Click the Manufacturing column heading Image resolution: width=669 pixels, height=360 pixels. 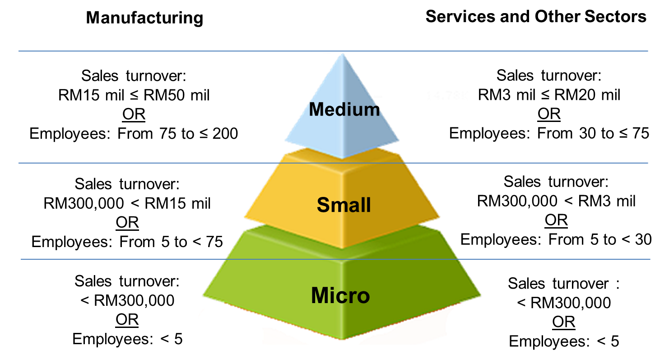(144, 18)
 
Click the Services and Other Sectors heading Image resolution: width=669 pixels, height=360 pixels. (536, 16)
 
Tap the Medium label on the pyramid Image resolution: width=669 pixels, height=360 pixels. (344, 109)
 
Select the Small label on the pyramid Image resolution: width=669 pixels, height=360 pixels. (344, 205)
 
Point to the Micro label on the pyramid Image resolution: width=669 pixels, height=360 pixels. (340, 295)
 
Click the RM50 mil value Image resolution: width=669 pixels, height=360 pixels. (177, 95)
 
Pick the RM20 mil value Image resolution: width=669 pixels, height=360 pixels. (587, 95)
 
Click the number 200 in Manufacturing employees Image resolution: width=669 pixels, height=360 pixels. (225, 134)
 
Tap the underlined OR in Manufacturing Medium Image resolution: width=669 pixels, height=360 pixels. (134, 114)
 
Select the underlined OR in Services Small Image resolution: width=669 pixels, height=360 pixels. (556, 220)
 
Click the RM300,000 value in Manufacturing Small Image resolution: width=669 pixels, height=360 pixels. (84, 203)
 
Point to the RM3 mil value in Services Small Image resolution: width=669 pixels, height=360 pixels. (607, 201)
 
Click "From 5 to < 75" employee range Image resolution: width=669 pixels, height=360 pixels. (171, 242)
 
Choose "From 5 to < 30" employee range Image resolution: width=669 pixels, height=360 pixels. (600, 239)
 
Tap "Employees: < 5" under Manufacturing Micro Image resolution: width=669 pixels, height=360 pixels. (127, 339)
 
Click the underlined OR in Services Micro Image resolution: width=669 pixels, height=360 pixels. (563, 323)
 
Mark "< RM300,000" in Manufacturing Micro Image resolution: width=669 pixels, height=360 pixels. (127, 300)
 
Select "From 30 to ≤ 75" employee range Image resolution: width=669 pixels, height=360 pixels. (593, 133)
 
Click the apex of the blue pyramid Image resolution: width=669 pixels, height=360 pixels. (343, 54)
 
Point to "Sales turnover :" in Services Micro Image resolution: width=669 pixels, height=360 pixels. (563, 284)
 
